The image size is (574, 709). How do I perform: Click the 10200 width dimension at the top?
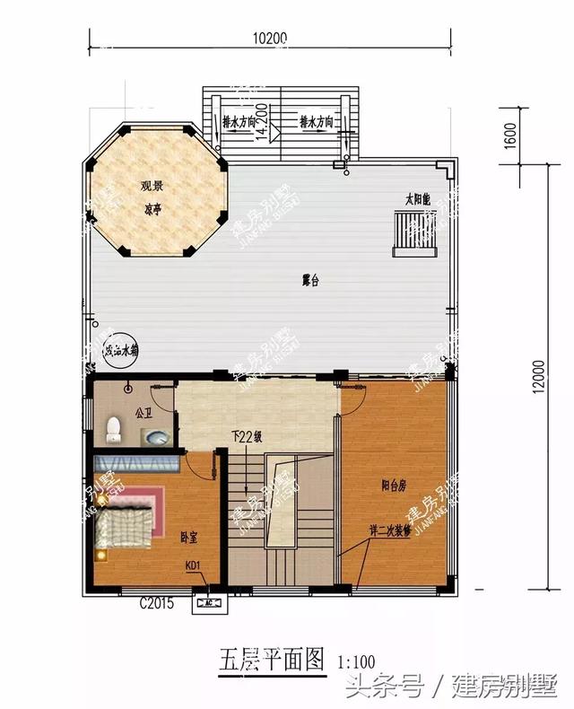(269, 38)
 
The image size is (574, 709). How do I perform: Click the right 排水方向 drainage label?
(317, 120)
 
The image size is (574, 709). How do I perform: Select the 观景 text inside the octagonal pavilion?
(152, 187)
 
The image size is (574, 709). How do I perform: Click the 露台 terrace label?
(310, 281)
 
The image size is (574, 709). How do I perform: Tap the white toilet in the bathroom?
(114, 428)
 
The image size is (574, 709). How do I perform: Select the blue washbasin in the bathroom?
(158, 438)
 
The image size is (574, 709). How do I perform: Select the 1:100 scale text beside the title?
(356, 661)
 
